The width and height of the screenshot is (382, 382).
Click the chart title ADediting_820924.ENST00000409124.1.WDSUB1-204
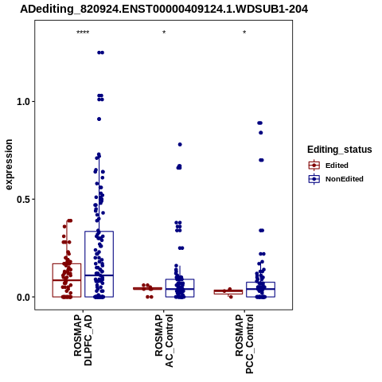pyautogui.click(x=164, y=10)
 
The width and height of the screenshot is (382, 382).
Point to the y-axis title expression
pyautogui.click(x=9, y=165)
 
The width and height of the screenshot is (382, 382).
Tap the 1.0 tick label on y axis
pyautogui.click(x=22, y=102)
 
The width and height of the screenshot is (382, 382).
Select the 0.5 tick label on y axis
pyautogui.click(x=22, y=200)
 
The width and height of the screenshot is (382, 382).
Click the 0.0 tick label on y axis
pyautogui.click(x=22, y=298)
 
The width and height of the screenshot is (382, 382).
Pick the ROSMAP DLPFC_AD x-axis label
pyautogui.click(x=83, y=340)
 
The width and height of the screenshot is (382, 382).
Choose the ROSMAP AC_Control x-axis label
pyautogui.click(x=164, y=341)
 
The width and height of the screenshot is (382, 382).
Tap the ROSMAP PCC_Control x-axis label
pyautogui.click(x=244, y=344)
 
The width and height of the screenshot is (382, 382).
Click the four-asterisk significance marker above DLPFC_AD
pyautogui.click(x=83, y=33)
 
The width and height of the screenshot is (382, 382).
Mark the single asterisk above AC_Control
pyautogui.click(x=164, y=33)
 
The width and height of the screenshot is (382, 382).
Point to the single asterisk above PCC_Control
pyautogui.click(x=244, y=33)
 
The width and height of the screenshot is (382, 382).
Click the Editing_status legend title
pyautogui.click(x=340, y=150)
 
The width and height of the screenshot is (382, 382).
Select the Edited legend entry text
pyautogui.click(x=337, y=166)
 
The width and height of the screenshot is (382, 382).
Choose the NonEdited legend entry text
pyautogui.click(x=345, y=179)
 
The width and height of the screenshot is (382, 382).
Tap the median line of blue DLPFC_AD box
pyautogui.click(x=99, y=275)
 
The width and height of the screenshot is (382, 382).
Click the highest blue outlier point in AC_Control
pyautogui.click(x=180, y=145)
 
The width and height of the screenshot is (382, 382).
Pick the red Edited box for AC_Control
pyautogui.click(x=147, y=288)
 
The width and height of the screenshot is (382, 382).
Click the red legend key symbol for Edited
pyautogui.click(x=314, y=166)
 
